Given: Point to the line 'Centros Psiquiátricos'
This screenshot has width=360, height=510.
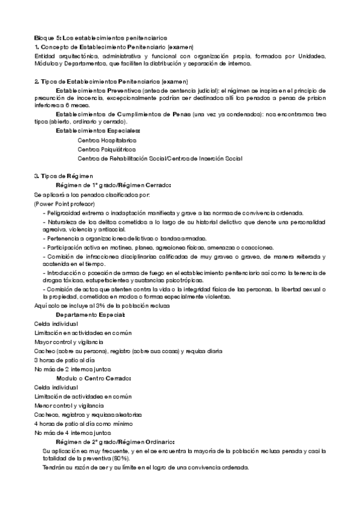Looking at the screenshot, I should click(x=106, y=149).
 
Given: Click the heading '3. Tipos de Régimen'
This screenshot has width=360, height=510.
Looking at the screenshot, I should click(x=63, y=176).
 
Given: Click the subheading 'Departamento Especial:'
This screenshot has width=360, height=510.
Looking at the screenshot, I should click(x=90, y=315).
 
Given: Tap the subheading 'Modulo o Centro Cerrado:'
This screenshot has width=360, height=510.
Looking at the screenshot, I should click(x=93, y=378).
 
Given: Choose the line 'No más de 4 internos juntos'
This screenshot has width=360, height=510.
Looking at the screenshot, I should click(x=73, y=432).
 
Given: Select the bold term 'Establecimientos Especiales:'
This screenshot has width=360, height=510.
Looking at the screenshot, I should click(x=98, y=131).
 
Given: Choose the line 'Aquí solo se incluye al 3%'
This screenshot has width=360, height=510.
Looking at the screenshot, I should click(x=102, y=306).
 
